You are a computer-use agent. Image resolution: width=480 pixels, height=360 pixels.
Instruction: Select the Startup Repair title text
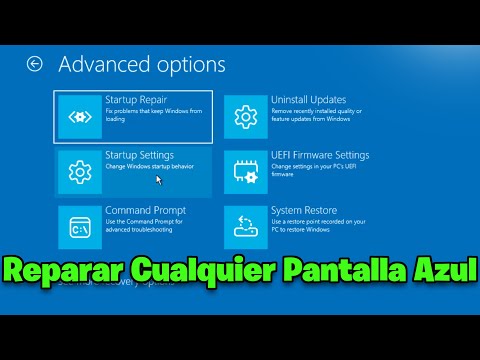click(139, 100)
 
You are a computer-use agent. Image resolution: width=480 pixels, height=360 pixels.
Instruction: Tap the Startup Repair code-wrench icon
click(79, 118)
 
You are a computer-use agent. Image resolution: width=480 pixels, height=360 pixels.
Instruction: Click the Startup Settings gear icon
click(79, 172)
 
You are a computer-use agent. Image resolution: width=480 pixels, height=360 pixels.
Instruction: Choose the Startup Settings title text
click(139, 155)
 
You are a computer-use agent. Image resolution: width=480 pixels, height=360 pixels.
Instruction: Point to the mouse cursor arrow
click(158, 180)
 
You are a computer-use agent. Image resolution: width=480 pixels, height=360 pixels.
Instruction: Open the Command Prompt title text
click(143, 211)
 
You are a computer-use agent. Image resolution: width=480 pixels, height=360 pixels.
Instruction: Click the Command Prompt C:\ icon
click(79, 228)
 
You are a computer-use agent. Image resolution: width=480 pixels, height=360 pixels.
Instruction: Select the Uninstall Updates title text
click(308, 100)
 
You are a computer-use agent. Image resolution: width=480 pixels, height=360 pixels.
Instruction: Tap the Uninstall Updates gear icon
click(245, 118)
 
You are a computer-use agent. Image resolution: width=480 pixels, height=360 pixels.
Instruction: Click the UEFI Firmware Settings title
click(320, 155)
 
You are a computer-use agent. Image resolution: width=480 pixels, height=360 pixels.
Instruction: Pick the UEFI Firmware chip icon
click(245, 172)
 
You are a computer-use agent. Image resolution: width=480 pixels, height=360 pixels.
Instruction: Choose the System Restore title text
click(304, 211)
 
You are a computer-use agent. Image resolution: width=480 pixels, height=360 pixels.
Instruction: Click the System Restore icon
click(245, 226)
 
